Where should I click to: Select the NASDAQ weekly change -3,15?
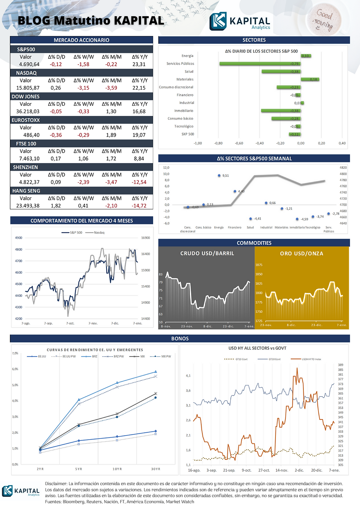[x=83, y=88]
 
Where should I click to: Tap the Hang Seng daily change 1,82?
[x=56, y=206]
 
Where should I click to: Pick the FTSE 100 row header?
[x=26, y=144]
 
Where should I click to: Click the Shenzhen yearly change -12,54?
[x=139, y=182]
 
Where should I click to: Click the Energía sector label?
[x=187, y=56]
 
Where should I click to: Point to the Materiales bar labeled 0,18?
[x=310, y=79]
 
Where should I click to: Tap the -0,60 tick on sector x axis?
[x=239, y=143]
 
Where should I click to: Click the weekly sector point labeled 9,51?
[x=219, y=176]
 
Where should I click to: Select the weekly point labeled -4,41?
[x=251, y=219]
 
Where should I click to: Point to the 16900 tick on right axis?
[x=145, y=238]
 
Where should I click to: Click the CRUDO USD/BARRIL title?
[x=207, y=253]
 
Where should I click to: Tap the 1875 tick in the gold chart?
[x=259, y=265]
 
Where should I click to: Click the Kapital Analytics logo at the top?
[x=240, y=22]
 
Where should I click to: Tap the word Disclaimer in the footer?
[x=56, y=484]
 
